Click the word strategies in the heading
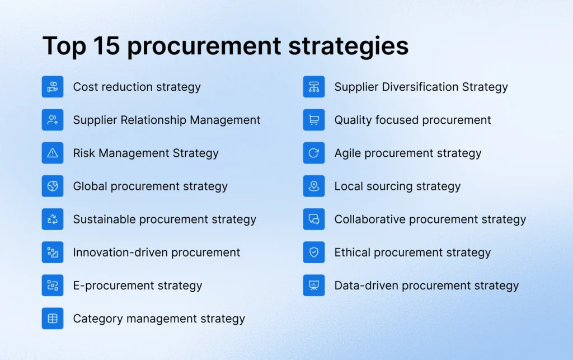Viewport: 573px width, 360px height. point(348,46)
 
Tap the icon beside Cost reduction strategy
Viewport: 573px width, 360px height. point(53,87)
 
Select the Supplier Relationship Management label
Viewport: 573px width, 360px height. point(166,120)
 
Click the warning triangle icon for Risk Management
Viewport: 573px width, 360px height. point(53,153)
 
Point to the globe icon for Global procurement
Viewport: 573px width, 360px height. point(53,186)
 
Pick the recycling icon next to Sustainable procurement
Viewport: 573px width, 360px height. point(53,219)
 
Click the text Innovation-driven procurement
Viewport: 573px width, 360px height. point(156,252)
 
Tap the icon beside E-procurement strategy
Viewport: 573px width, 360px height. point(53,285)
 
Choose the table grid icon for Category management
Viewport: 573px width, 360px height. point(53,319)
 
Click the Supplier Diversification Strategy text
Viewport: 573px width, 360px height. point(421,87)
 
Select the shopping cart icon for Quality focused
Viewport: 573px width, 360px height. point(314,120)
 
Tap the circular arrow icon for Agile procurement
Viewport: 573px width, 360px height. point(314,153)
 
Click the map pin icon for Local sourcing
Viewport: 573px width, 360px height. point(314,186)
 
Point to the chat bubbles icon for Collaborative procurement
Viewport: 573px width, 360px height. point(314,219)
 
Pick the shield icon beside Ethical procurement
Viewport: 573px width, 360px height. point(314,252)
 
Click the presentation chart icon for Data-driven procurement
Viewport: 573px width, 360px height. point(314,285)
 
